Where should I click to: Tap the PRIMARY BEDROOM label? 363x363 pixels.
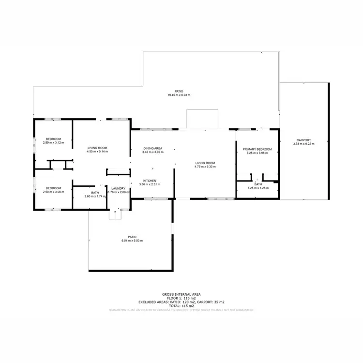[257, 149]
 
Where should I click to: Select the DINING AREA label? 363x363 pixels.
[152, 148]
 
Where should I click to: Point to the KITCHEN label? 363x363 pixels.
[149, 181]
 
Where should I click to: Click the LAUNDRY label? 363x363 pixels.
[118, 188]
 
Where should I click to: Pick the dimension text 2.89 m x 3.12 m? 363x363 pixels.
[53, 142]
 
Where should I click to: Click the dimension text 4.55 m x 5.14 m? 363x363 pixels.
[97, 151]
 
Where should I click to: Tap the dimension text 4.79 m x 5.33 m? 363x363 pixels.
[205, 166]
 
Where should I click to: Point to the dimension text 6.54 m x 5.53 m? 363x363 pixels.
[132, 241]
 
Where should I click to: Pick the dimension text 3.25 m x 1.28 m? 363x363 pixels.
[258, 188]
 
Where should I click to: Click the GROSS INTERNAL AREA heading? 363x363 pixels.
[181, 294]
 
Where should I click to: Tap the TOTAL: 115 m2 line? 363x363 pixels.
[181, 306]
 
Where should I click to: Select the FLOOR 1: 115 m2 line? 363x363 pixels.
[181, 298]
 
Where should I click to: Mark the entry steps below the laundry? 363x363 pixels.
[115, 214]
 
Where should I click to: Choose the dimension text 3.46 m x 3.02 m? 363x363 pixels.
[152, 152]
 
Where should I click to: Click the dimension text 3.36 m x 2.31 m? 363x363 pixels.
[149, 184]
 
